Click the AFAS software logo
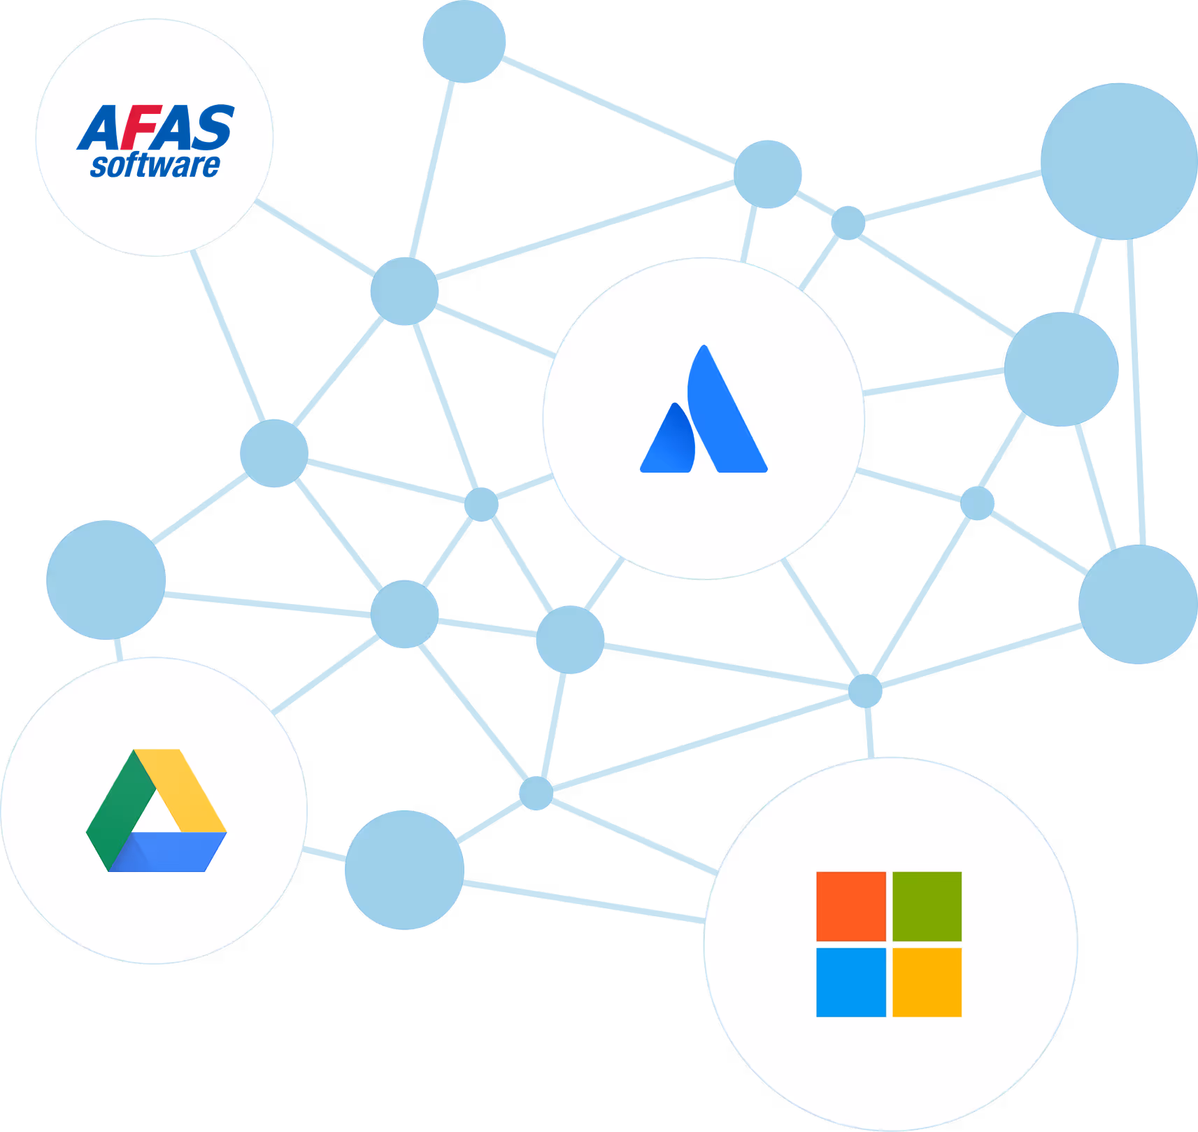(155, 140)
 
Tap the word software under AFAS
(155, 166)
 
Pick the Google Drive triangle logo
(156, 811)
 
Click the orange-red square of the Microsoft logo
(851, 906)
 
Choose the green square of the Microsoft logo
(927, 906)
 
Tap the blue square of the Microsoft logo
(851, 982)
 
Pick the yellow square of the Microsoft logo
(927, 982)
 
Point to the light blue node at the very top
(464, 41)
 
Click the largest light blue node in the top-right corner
(1119, 161)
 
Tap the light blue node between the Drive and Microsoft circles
(404, 870)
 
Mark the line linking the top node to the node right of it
(619, 109)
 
